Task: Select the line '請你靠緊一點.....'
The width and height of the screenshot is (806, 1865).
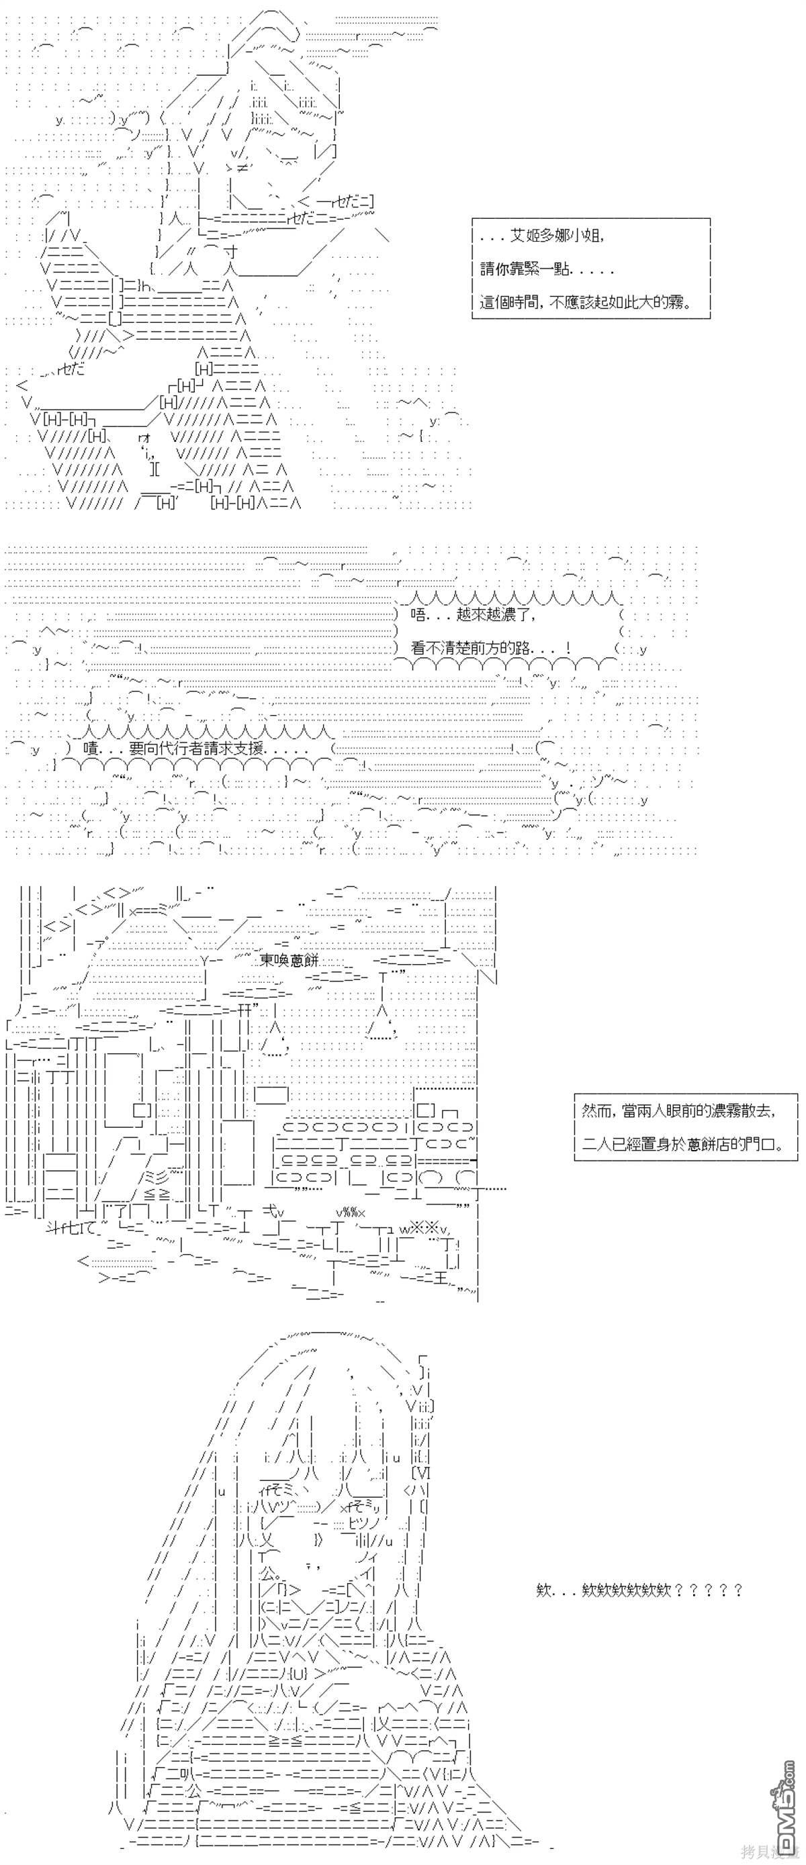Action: (547, 269)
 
